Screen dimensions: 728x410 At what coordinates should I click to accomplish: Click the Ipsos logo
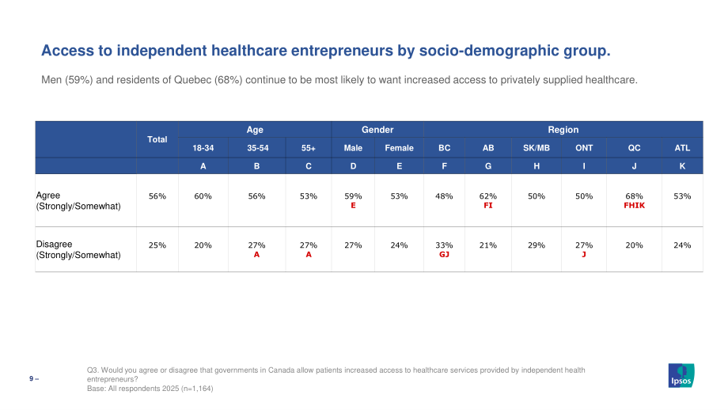pyautogui.click(x=681, y=375)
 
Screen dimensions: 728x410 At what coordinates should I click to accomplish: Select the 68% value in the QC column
pyautogui.click(x=634, y=196)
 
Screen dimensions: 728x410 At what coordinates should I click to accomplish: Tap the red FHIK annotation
pyautogui.click(x=634, y=205)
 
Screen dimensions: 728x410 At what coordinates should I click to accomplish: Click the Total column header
pyautogui.click(x=157, y=139)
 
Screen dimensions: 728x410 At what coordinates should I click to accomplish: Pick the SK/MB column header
pyautogui.click(x=537, y=148)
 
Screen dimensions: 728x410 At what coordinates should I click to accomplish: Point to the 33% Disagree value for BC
pyautogui.click(x=444, y=245)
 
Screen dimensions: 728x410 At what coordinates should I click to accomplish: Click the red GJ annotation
pyautogui.click(x=444, y=254)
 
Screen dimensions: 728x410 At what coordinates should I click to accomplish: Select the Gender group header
pyautogui.click(x=377, y=130)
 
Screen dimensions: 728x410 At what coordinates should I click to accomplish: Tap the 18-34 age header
pyautogui.click(x=203, y=148)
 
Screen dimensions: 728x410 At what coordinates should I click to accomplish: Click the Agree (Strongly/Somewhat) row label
pyautogui.click(x=78, y=200)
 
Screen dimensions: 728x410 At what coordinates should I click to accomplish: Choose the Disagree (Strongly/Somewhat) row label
pyautogui.click(x=78, y=249)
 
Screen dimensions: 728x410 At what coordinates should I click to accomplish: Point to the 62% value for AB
pyautogui.click(x=488, y=196)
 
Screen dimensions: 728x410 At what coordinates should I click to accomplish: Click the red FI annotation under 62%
pyautogui.click(x=488, y=205)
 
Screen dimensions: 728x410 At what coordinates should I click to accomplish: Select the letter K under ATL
pyautogui.click(x=682, y=165)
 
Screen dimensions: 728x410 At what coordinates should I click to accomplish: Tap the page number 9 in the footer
pyautogui.click(x=32, y=379)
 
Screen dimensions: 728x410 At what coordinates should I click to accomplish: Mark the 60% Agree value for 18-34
pyautogui.click(x=203, y=196)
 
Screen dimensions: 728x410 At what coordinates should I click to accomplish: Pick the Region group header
pyautogui.click(x=563, y=130)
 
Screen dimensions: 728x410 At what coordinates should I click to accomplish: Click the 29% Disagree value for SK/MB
pyautogui.click(x=537, y=245)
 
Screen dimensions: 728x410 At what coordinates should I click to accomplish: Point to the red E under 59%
pyautogui.click(x=354, y=205)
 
